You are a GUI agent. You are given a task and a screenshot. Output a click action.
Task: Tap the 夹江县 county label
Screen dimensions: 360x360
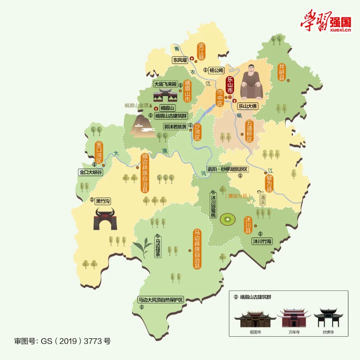tap(201, 51)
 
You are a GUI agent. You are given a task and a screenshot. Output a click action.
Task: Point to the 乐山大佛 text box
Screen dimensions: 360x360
tap(248, 106)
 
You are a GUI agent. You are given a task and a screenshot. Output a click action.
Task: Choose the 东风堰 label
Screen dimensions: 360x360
tap(180, 60)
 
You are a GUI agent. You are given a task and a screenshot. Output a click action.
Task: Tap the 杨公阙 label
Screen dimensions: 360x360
tap(216, 70)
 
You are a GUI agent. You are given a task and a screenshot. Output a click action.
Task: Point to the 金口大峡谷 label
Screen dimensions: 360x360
tap(90, 172)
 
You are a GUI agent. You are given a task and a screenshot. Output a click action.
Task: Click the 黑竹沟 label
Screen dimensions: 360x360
tap(103, 201)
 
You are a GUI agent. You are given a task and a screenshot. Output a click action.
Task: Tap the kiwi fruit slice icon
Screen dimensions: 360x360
tap(228, 219)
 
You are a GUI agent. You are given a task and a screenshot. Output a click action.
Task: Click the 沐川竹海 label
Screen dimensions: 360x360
tap(262, 241)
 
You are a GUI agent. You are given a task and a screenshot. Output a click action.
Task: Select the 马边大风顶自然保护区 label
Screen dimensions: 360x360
tap(161, 299)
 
